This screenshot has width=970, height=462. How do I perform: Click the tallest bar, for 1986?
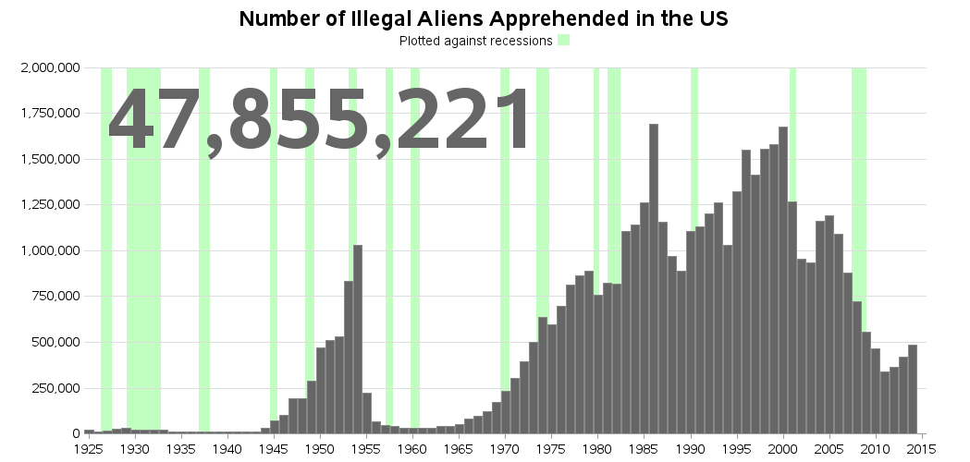[654, 277]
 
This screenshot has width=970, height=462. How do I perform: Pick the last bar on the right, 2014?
[913, 389]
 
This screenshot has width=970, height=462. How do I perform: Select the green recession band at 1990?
[694, 139]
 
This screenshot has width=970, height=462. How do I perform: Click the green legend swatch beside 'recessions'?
[563, 41]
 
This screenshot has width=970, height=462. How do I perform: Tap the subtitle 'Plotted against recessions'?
[475, 42]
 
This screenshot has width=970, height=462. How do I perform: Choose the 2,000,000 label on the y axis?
[49, 68]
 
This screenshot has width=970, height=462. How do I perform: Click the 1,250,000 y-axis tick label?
[49, 205]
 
